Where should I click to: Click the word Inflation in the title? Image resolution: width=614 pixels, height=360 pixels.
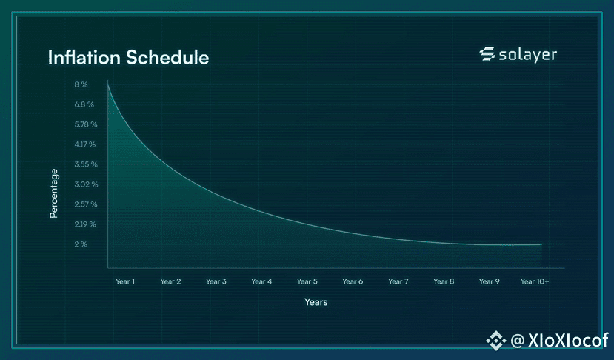click(84, 57)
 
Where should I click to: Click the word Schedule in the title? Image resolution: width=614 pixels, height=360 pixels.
click(167, 57)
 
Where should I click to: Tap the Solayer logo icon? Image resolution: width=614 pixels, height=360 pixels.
click(487, 54)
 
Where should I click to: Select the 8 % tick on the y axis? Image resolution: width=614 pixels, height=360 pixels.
click(81, 84)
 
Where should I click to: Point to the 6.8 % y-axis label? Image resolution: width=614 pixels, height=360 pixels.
click(84, 104)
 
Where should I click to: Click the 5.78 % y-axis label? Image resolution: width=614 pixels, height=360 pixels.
click(86, 124)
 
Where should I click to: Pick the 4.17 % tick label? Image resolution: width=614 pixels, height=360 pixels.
click(85, 144)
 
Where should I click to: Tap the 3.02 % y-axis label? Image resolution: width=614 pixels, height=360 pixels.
click(86, 184)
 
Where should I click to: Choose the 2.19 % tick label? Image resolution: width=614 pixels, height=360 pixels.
click(85, 224)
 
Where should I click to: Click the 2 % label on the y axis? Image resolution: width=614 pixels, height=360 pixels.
click(81, 244)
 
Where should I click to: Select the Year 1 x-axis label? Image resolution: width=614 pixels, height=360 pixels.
click(125, 281)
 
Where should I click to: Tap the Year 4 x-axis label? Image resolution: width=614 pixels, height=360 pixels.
click(261, 281)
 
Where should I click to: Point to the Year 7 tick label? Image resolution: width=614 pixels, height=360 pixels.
click(398, 281)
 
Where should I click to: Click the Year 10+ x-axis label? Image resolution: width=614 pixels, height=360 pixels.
click(535, 281)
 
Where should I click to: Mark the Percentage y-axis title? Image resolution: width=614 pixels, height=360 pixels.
click(53, 193)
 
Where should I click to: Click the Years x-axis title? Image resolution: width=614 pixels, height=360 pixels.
click(316, 302)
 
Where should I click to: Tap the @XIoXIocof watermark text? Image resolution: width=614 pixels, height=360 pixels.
click(559, 340)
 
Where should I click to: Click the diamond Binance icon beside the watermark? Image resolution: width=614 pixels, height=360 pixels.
click(495, 341)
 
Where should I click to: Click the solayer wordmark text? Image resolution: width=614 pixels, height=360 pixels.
click(528, 55)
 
